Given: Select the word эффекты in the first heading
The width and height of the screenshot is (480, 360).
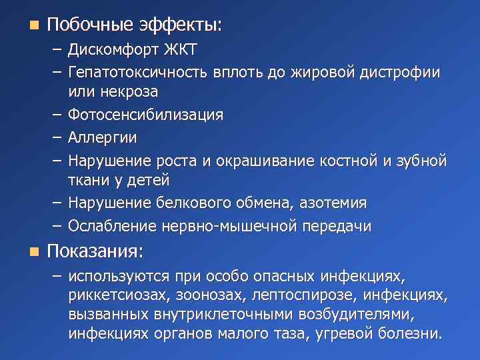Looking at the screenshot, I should coord(179,25).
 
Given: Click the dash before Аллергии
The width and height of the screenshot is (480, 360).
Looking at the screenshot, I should coord(55,137).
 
